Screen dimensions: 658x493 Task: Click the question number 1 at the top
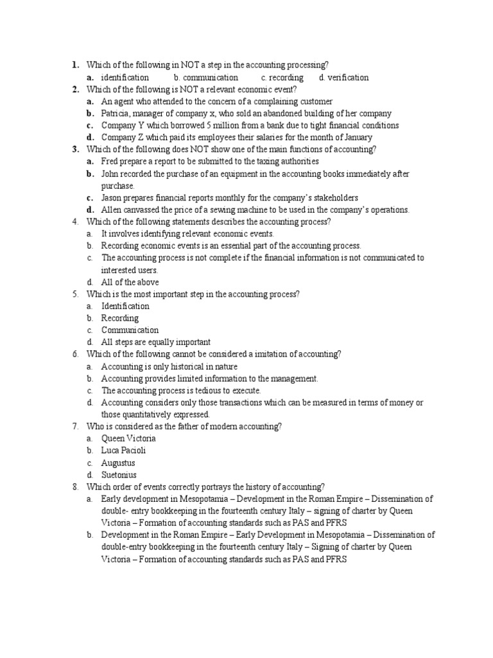(x=75, y=65)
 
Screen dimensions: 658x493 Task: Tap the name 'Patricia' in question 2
(x=116, y=113)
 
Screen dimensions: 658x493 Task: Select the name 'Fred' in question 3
(x=110, y=161)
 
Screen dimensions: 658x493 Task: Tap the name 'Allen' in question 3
(x=112, y=210)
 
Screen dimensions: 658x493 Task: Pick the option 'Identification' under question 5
(x=125, y=307)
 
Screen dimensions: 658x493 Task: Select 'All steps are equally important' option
(x=156, y=342)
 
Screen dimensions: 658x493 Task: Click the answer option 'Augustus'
(x=118, y=463)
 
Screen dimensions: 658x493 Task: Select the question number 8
(x=75, y=486)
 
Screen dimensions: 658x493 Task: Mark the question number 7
(x=75, y=427)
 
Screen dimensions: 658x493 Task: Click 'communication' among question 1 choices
(x=210, y=78)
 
